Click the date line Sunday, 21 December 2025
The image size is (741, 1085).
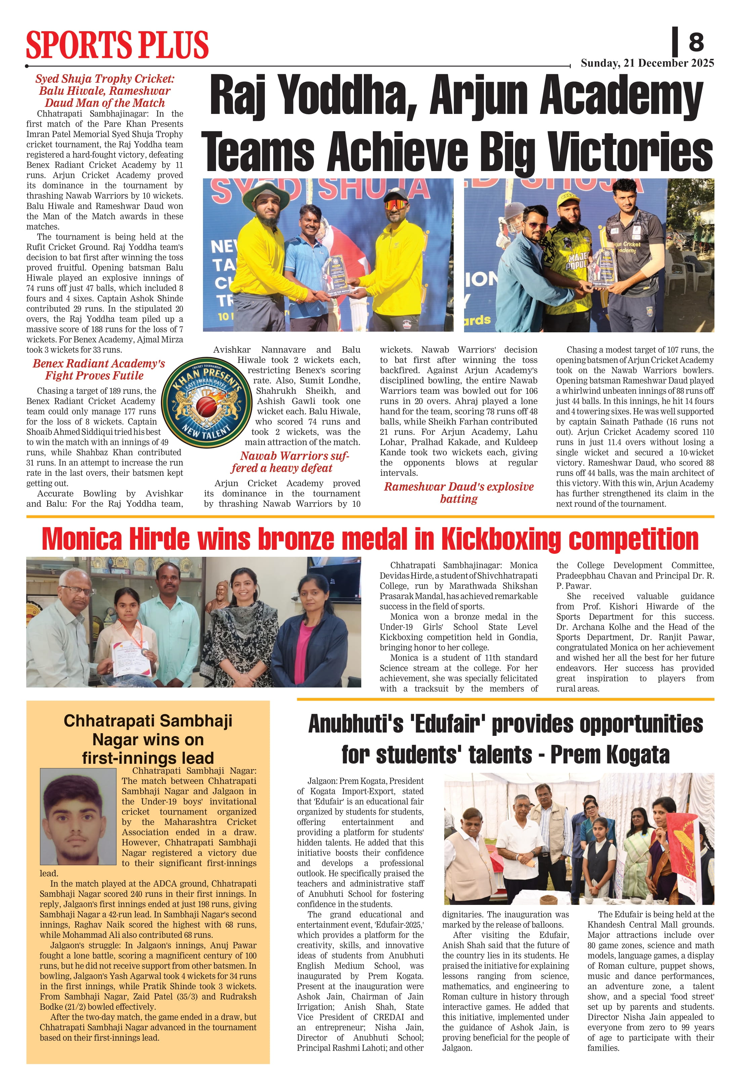click(647, 63)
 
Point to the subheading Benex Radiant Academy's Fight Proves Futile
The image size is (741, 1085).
click(98, 369)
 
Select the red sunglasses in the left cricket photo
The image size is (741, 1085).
click(395, 205)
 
